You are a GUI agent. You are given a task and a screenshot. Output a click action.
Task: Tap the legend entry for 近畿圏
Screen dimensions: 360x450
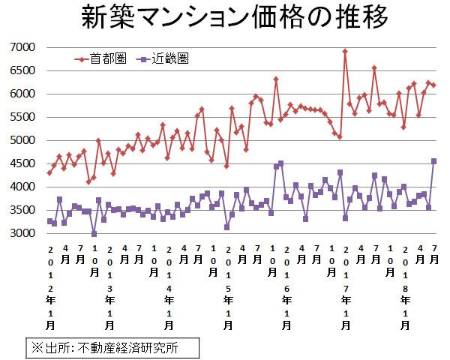(x=173, y=57)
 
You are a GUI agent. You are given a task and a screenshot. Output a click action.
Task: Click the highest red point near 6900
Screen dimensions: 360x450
(x=345, y=52)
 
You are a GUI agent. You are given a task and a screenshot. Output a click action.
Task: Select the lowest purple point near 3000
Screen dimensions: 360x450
(x=94, y=234)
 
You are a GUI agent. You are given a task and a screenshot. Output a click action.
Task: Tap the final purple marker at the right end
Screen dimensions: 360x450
(x=433, y=161)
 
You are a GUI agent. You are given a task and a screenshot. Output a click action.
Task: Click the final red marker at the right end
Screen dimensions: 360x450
(x=433, y=85)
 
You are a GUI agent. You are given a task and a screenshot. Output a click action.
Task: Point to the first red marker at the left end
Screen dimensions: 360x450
(x=49, y=173)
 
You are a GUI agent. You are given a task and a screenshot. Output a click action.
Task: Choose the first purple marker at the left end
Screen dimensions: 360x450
(x=49, y=221)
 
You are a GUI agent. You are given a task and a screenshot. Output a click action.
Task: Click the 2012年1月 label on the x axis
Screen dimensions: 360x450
(x=50, y=289)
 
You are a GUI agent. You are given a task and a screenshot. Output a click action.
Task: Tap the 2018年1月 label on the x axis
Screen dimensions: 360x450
(x=405, y=289)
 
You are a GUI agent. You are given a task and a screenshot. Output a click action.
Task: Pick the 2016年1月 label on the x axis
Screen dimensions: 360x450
(x=286, y=289)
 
